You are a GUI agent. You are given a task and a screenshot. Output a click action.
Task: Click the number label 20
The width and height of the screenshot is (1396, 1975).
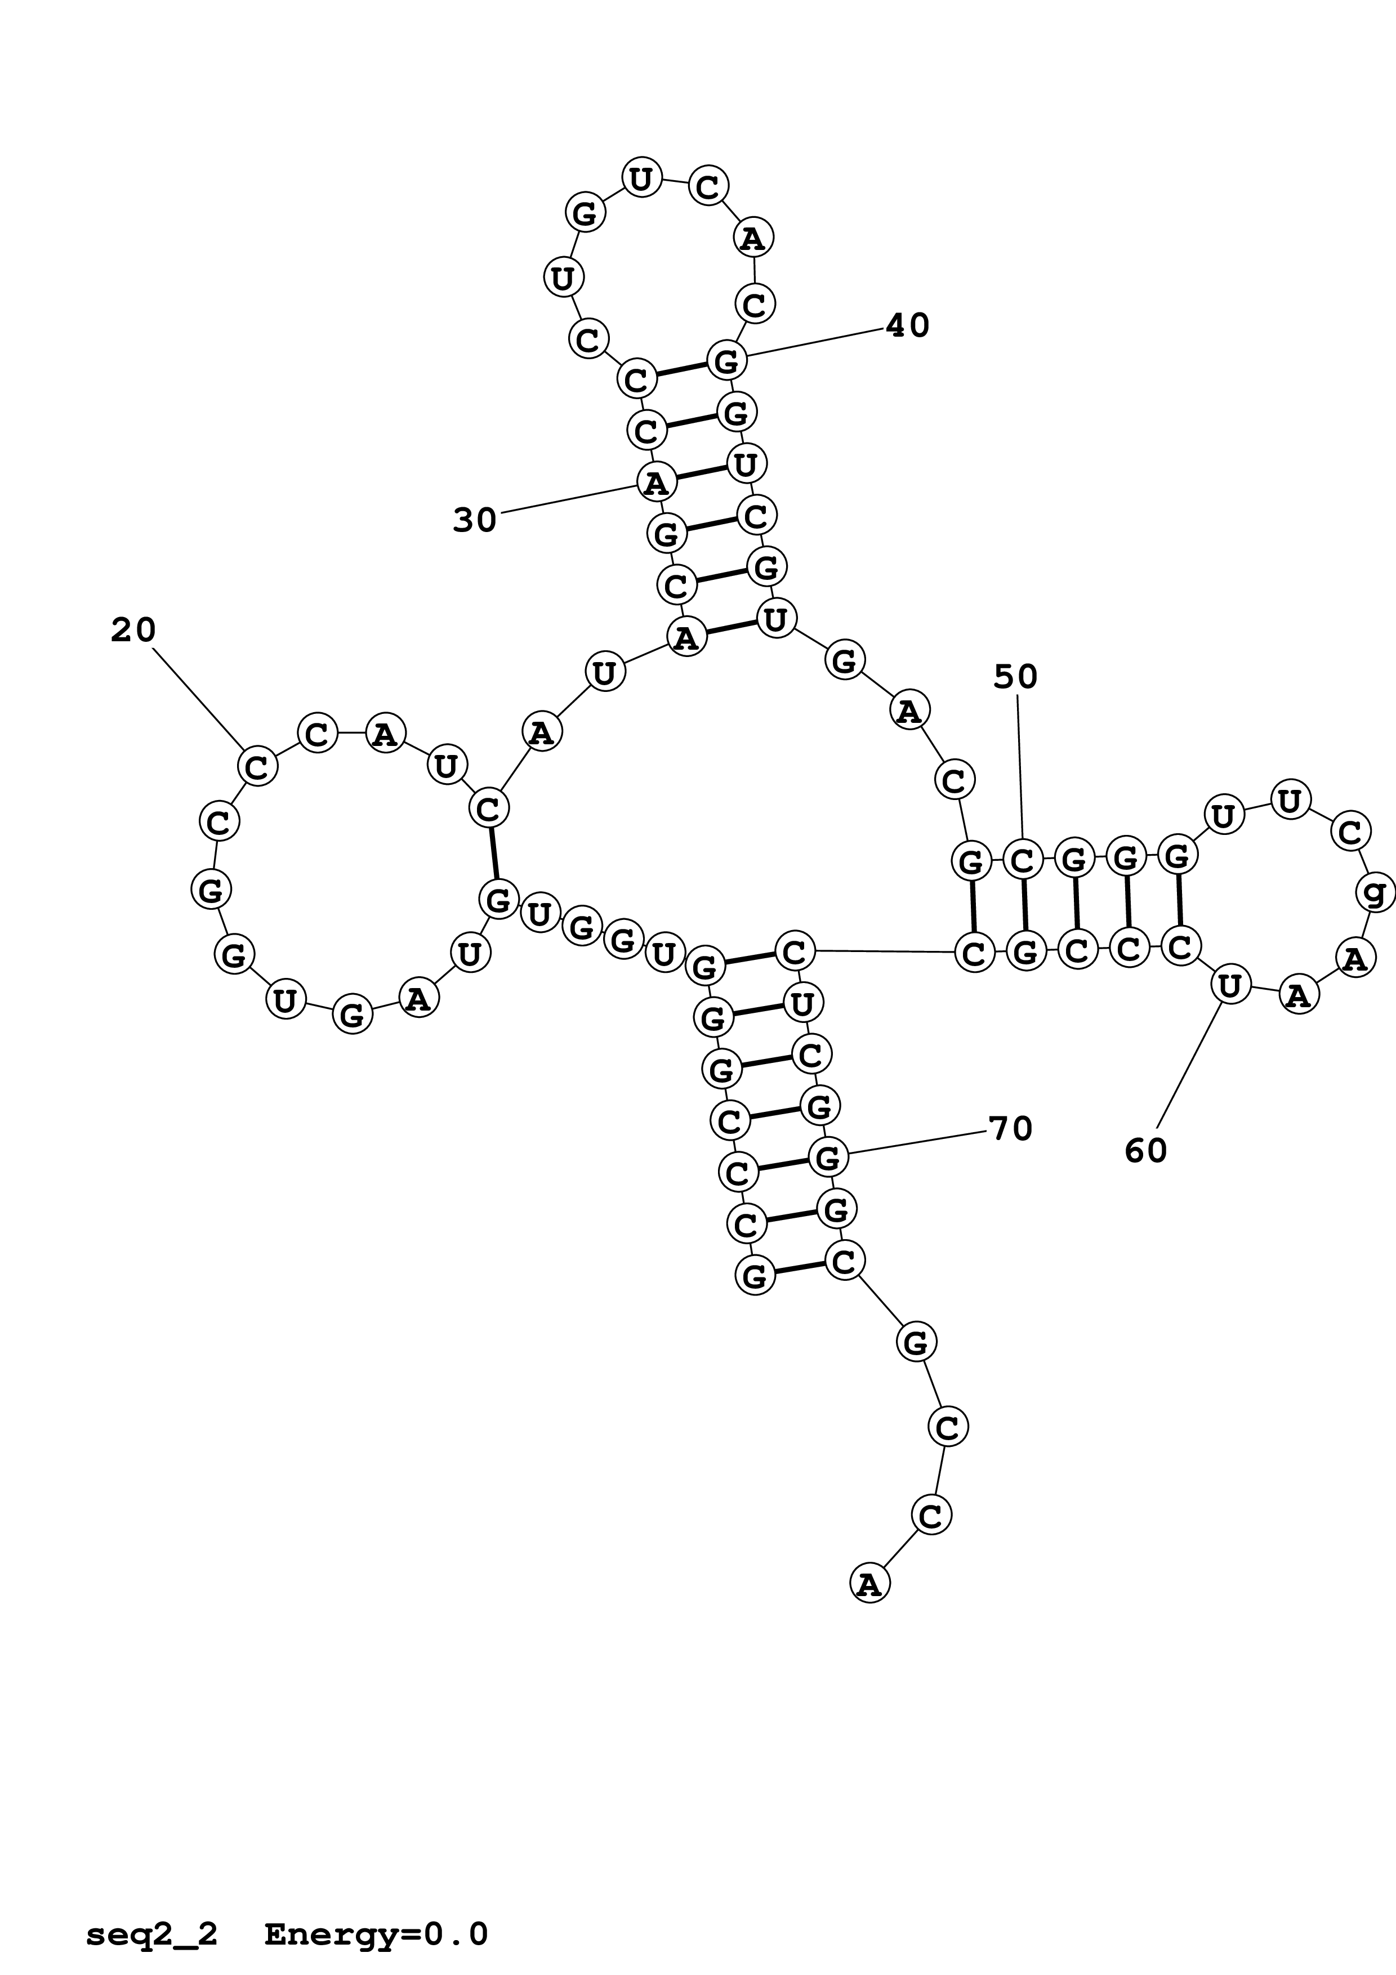coord(133,631)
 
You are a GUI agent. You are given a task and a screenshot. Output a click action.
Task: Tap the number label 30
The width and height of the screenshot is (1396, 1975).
coord(475,520)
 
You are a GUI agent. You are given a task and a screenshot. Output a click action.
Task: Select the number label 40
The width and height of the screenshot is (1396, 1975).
coord(907,325)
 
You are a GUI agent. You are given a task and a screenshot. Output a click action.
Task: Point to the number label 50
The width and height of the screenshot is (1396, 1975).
coord(1016,677)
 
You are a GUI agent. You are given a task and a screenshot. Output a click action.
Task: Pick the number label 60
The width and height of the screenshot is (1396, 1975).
coord(1146,1151)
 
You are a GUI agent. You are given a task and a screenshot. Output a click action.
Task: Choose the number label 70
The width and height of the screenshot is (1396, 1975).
coord(1011,1129)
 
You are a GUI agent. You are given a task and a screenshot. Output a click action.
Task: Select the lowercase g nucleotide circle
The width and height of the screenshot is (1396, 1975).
coord(1375,893)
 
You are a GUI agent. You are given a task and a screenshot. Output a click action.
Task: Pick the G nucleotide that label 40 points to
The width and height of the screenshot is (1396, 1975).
coord(726,360)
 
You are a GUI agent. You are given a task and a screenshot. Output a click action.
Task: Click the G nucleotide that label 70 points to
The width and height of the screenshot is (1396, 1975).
coord(827,1159)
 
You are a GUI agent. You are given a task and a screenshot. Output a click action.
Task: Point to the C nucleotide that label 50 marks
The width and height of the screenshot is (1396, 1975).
coord(1022,859)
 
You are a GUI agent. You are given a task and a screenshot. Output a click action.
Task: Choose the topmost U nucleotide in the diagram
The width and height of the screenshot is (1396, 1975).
coord(641,179)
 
